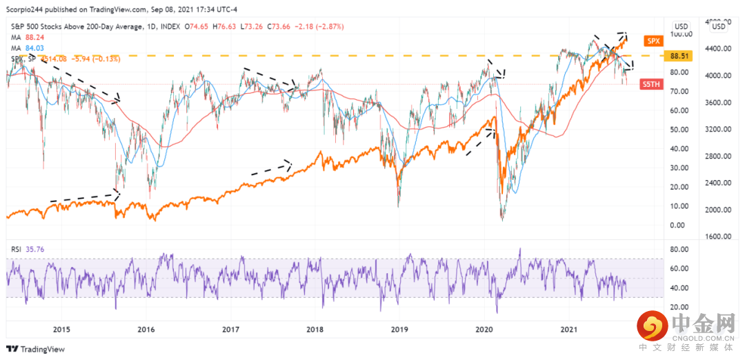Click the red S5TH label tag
[x=651, y=84]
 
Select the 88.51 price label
[x=679, y=56]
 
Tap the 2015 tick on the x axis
[x=62, y=330]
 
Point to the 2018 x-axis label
[x=315, y=330]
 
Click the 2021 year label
[x=568, y=330]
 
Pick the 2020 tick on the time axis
[x=484, y=330]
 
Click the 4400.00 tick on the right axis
[x=719, y=49]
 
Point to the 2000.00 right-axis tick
[x=719, y=210]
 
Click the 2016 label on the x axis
[x=146, y=330]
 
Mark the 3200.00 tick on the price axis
[x=719, y=130]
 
